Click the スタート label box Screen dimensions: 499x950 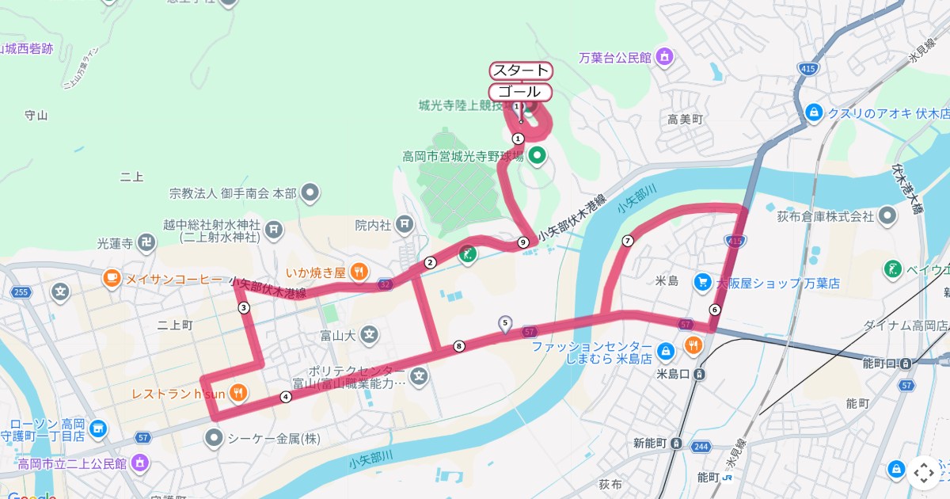tap(521, 70)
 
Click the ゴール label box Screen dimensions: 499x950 tap(520, 91)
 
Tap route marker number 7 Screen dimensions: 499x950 tap(628, 241)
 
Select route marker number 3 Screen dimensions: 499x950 tap(244, 307)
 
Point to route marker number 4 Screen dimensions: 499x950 tap(286, 397)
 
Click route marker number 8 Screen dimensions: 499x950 tap(459, 345)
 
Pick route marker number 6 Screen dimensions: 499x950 tap(715, 309)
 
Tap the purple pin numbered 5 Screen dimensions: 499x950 tap(505, 322)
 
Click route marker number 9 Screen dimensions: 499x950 tap(523, 242)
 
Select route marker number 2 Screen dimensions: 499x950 tap(431, 262)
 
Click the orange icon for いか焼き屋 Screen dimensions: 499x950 tap(359, 272)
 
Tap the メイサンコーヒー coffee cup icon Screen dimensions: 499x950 tap(111, 278)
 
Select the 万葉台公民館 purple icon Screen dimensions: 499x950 tap(665, 57)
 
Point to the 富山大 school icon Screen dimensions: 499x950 tap(369, 335)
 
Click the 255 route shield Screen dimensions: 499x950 tap(21, 292)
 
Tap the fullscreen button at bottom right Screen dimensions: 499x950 tap(923, 473)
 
